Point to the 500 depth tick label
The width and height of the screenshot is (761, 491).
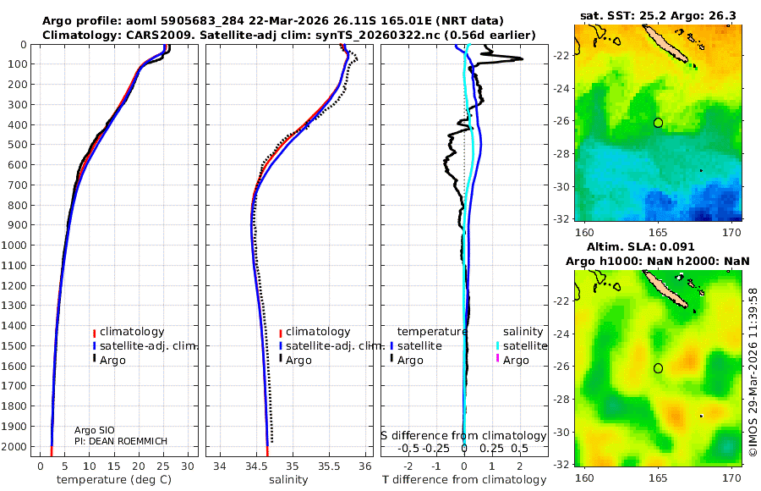tap(17, 145)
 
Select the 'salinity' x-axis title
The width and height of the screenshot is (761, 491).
tap(289, 480)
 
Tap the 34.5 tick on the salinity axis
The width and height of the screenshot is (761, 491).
tap(255, 465)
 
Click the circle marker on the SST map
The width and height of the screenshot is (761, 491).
tap(658, 123)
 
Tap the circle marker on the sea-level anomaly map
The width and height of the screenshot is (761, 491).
tap(658, 368)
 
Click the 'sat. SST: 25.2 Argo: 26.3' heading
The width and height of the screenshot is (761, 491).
tap(658, 15)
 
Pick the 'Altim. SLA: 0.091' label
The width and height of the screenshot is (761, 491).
tap(658, 246)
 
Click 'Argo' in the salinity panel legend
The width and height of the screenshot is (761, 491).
tap(298, 361)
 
